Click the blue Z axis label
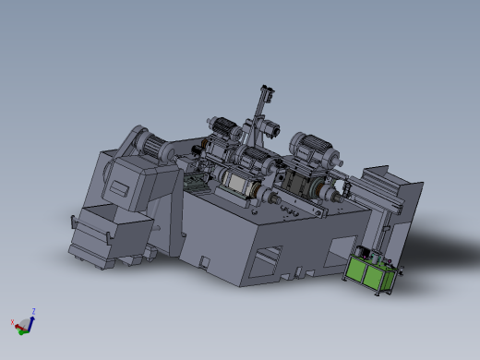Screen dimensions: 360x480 [33, 311]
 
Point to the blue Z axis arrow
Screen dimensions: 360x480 [31, 320]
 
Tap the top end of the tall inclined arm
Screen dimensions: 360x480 [267, 90]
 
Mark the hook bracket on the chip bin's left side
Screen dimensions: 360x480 [73, 222]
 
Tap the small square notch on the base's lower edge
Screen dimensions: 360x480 [203, 262]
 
